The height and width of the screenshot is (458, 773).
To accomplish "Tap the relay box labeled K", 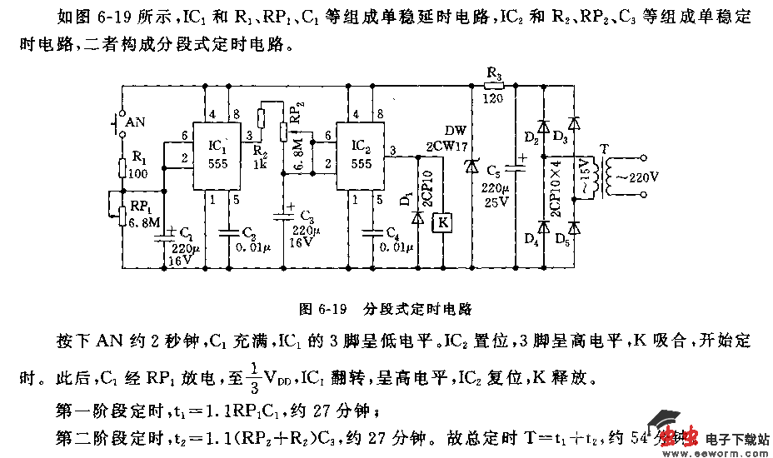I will (x=443, y=222).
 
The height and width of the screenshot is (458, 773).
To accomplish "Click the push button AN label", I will (x=134, y=123).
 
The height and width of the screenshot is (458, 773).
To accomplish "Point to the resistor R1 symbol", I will (x=122, y=169).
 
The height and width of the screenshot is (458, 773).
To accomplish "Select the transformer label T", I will (x=604, y=148).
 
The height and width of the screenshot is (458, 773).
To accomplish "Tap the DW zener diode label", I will (x=456, y=132).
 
